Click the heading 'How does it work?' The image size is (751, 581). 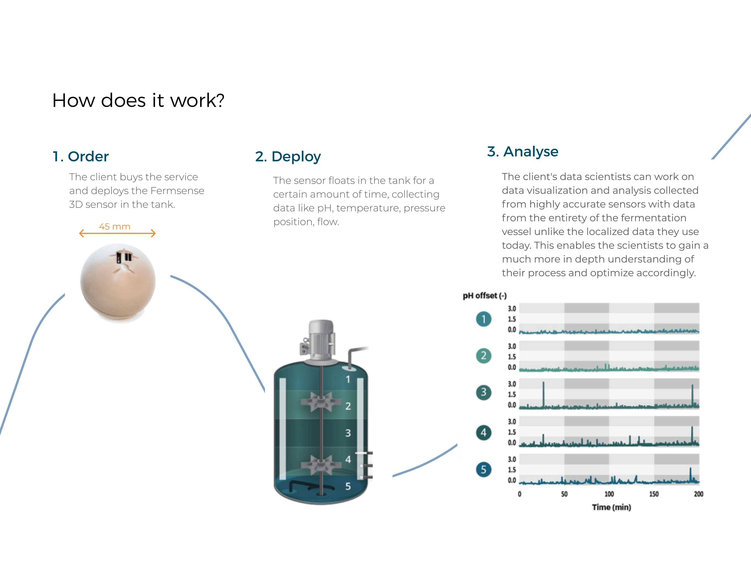(138, 100)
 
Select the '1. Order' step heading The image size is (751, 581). (81, 157)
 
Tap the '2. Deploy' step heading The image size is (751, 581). (288, 157)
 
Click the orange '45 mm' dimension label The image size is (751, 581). (115, 226)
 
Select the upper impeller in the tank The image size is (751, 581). (321, 402)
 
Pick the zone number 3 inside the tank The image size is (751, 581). (348, 433)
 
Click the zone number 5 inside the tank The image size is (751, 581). (348, 486)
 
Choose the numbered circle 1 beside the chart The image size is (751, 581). (484, 319)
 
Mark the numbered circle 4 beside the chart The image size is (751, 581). (484, 433)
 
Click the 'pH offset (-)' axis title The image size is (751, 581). (485, 296)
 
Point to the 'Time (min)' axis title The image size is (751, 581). (611, 507)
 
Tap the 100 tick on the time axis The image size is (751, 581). (609, 494)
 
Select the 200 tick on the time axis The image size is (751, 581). (698, 494)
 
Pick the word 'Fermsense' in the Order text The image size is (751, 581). (177, 190)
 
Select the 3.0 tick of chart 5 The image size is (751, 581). (512, 459)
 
